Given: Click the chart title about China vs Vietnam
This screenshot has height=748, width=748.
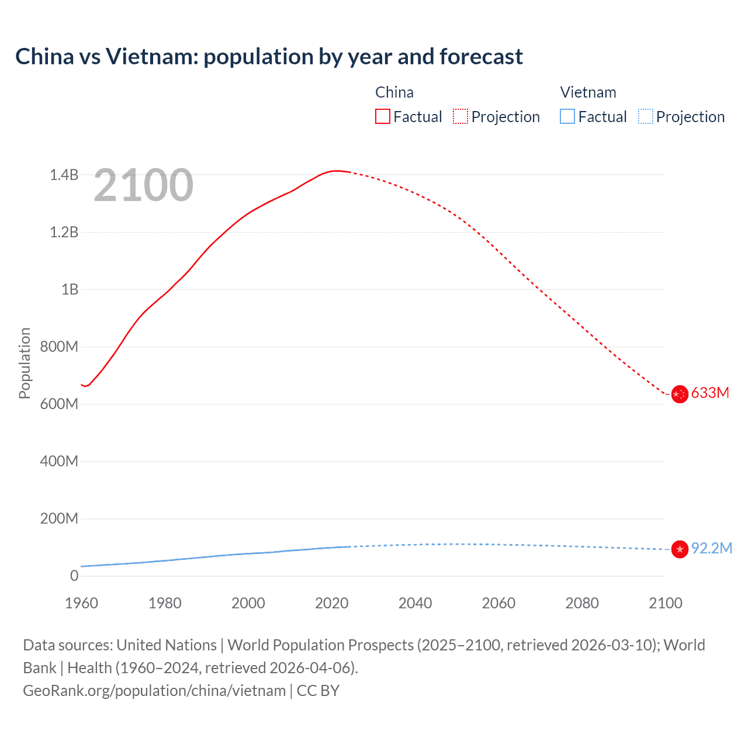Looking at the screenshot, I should (x=269, y=57).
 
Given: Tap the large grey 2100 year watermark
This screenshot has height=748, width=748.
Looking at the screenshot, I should (x=143, y=185).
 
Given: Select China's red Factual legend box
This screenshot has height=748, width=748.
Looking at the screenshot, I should (x=382, y=116).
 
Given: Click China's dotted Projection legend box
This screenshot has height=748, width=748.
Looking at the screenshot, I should (x=460, y=116).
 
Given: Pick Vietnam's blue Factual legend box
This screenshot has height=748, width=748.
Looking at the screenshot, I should (x=567, y=116).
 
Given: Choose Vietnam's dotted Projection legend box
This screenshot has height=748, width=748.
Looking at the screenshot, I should (x=645, y=116).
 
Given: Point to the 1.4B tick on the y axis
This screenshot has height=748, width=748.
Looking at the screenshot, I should (x=64, y=175).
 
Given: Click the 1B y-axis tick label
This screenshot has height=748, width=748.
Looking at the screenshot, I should (x=70, y=289).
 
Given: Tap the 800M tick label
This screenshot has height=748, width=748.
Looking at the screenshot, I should (x=59, y=347).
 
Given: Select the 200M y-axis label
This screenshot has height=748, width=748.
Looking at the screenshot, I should (x=59, y=518).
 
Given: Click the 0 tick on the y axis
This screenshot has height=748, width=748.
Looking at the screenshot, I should (x=74, y=576).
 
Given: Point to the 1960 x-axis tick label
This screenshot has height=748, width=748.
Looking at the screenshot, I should (x=81, y=603).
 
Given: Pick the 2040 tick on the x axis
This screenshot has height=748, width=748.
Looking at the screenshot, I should (x=415, y=603).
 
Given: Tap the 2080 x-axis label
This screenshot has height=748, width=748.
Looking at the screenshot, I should (x=582, y=603).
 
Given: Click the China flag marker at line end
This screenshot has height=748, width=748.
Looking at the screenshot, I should (x=679, y=394).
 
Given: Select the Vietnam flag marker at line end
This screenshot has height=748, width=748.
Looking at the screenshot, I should (x=679, y=549).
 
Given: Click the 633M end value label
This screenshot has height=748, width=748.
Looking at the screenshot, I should (x=710, y=393).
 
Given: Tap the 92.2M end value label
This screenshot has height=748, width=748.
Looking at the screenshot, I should (x=711, y=548).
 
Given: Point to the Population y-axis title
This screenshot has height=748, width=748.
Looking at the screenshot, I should (x=25, y=363).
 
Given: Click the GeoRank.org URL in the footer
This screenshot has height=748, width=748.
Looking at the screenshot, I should (x=154, y=691).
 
